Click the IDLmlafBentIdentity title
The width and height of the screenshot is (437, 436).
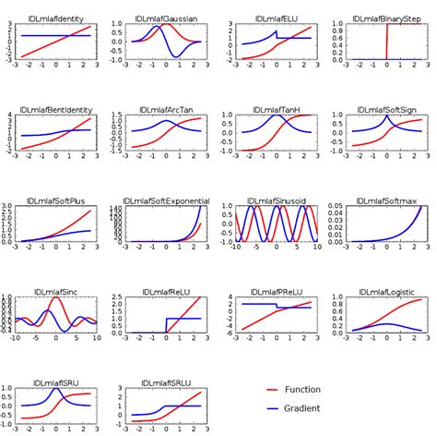point(56,108)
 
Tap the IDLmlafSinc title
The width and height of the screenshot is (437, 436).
point(56,293)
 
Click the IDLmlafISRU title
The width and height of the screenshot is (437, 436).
point(56,385)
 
